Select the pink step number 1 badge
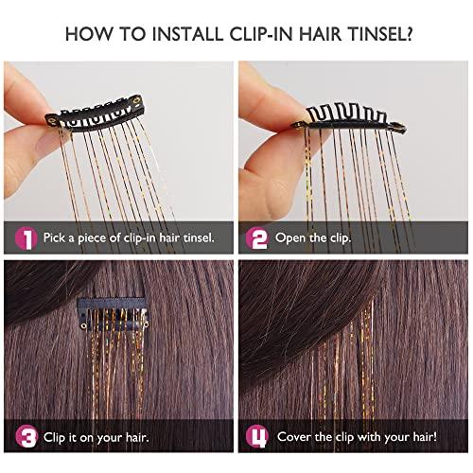coord(26,237)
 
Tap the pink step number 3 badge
coord(26,437)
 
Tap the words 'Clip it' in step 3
coord(65,437)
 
